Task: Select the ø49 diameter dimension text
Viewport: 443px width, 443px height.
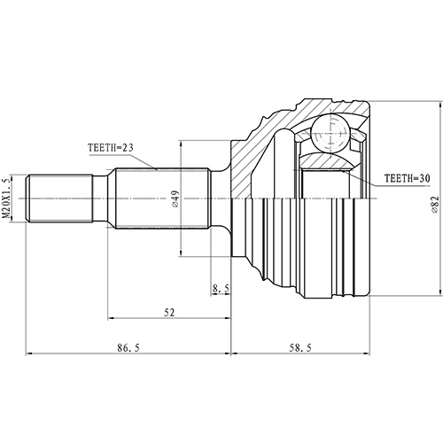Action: pos(177,199)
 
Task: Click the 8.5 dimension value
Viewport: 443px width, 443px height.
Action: pos(221,287)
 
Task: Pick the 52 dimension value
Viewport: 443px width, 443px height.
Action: pos(168,313)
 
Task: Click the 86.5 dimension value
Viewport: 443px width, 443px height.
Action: pos(128,348)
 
